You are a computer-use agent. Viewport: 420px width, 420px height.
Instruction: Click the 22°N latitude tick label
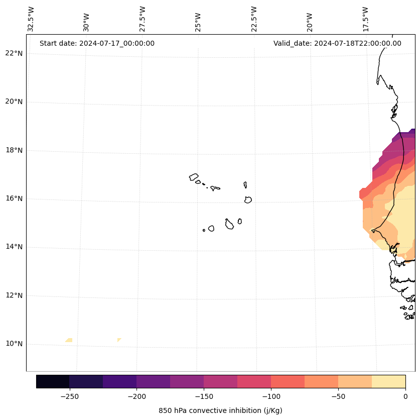click(x=14, y=53)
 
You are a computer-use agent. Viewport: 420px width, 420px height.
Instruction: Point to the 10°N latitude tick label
click(x=14, y=344)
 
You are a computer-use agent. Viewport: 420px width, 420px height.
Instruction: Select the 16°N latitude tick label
click(x=14, y=199)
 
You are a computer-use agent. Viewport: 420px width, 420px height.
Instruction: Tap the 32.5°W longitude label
click(x=31, y=19)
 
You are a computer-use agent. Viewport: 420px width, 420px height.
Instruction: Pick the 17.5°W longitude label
click(x=366, y=19)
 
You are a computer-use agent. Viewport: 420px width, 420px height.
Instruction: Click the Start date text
click(x=97, y=43)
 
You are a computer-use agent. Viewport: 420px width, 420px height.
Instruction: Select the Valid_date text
click(x=337, y=43)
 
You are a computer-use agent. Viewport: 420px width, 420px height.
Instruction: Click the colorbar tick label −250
click(x=69, y=396)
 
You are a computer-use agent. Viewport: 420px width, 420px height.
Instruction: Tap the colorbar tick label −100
click(x=271, y=396)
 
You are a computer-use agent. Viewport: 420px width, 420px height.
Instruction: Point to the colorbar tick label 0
click(x=405, y=396)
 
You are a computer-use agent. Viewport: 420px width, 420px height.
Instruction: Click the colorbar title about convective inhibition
click(x=220, y=410)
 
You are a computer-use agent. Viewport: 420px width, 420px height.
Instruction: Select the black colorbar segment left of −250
click(x=53, y=381)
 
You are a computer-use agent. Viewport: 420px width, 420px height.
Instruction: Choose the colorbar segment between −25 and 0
click(x=388, y=381)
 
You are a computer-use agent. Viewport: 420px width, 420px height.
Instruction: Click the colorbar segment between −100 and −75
click(x=288, y=381)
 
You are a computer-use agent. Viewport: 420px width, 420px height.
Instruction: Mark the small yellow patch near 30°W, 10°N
click(x=69, y=340)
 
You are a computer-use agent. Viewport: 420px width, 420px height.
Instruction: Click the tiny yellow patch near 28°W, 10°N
click(x=119, y=340)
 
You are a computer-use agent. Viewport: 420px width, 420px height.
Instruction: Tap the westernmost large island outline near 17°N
click(x=194, y=177)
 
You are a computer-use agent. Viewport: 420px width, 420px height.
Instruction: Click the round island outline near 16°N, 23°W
click(x=248, y=199)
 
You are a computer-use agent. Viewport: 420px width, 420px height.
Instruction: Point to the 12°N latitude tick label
click(x=14, y=296)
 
